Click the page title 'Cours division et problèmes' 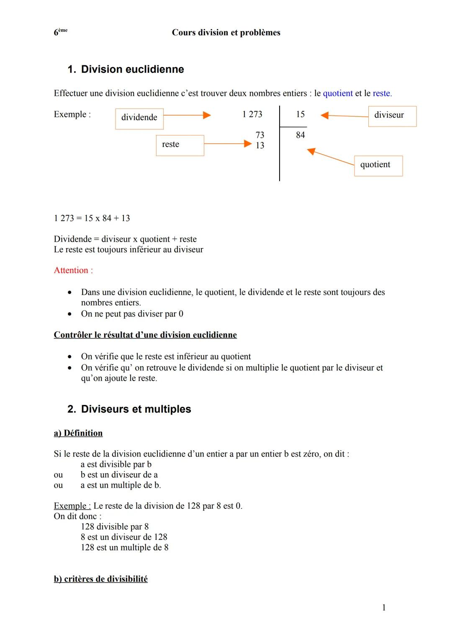coord(226,33)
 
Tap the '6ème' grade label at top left coord(60,32)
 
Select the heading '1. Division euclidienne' coord(126,69)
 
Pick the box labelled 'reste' coord(180,145)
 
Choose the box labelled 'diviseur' coord(392,116)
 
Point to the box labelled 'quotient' coord(378,165)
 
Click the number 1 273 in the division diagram coord(252,114)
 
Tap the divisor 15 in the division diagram coord(300,114)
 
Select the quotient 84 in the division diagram coord(300,135)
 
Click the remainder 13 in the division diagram coord(260,145)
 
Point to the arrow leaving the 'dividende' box coord(187,115)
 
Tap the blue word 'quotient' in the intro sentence coord(338,93)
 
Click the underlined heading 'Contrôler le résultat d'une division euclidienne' coord(145,335)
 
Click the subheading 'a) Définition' coord(78,433)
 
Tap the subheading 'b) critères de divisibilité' coord(101,579)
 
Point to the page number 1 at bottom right coord(384,608)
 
